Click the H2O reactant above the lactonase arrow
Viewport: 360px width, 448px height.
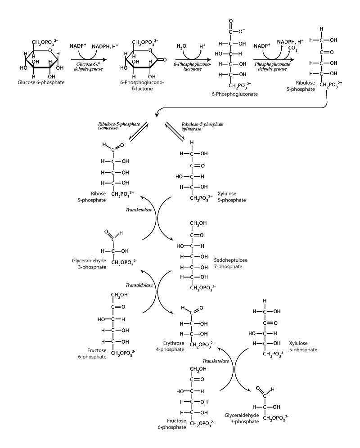point(181,46)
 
